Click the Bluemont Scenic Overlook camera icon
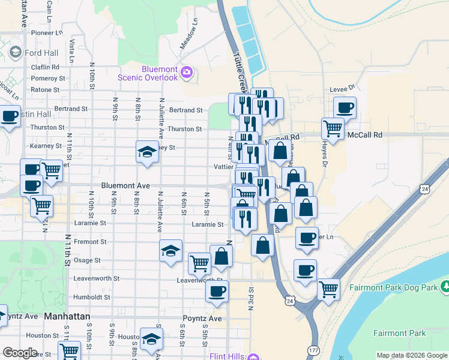[187, 73]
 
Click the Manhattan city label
[67, 316]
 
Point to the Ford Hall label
[41, 53]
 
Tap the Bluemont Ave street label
[125, 186]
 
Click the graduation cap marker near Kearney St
[147, 152]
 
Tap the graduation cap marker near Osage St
[171, 250]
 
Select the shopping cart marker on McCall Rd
[333, 128]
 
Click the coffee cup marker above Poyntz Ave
[217, 292]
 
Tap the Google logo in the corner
[20, 353]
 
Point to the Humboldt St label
[91, 297]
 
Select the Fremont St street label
[90, 242]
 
